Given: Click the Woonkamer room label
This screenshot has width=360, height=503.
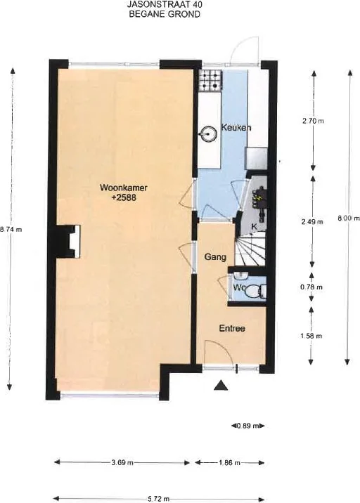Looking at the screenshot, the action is [x=124, y=188].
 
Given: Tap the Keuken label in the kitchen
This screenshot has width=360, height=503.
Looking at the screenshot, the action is [x=236, y=128].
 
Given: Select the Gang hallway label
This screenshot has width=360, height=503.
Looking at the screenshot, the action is [x=215, y=257].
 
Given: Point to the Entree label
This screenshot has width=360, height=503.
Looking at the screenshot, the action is [x=232, y=329].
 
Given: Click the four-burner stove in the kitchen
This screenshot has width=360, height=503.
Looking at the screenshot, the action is [x=210, y=81].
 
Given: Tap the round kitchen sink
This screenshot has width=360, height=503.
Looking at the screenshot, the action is [x=209, y=133].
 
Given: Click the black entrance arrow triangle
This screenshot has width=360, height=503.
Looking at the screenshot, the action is [x=221, y=385].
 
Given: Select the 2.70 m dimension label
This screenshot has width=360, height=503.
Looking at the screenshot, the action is [x=313, y=121].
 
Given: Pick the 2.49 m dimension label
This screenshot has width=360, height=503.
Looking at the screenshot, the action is [x=312, y=222].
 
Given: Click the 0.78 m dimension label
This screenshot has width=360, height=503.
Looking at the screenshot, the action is [x=311, y=287].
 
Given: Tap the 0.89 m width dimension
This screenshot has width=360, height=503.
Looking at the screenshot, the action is [x=247, y=426].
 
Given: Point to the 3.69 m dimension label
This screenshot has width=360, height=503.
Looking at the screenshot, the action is [x=122, y=462].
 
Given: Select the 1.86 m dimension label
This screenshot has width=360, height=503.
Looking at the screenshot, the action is [x=230, y=462].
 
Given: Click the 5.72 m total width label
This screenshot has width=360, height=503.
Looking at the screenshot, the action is [x=159, y=499].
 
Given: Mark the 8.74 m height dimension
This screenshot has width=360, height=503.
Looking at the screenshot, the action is [x=11, y=229].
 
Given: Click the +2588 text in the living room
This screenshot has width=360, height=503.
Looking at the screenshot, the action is [x=124, y=197].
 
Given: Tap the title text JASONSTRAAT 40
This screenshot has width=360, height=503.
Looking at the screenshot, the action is [x=165, y=4].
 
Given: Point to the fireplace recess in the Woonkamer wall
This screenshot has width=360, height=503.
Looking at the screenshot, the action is [x=70, y=242].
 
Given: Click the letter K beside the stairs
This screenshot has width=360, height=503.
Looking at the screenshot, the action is [x=254, y=226].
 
